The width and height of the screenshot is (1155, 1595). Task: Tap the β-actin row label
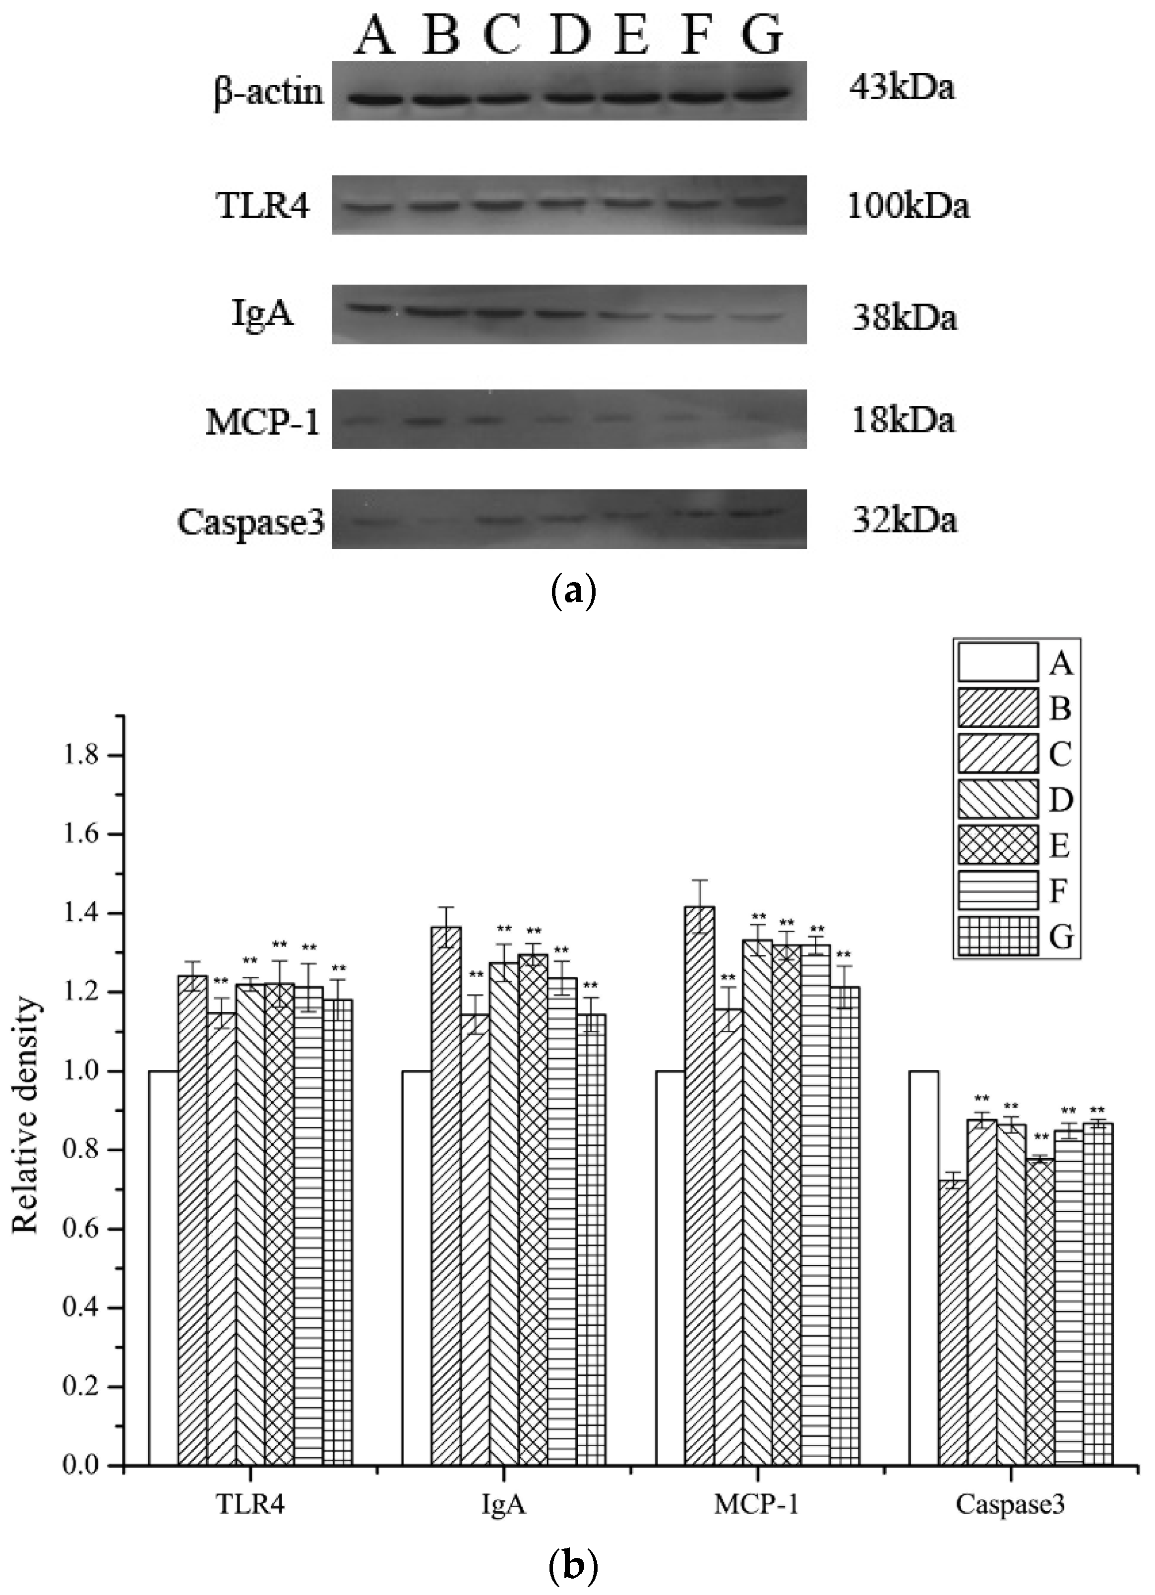click(x=269, y=92)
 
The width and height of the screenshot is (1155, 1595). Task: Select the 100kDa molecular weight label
click(x=908, y=206)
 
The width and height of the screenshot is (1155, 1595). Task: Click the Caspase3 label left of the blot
click(x=251, y=522)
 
